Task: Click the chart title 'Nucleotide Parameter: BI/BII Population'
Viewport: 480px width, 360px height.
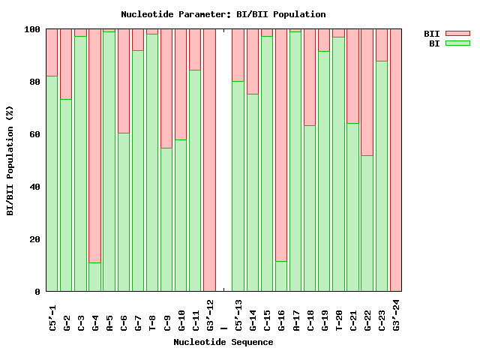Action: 223,14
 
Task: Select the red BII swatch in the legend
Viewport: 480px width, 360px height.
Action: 457,34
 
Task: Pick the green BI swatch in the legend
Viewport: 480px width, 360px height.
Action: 457,43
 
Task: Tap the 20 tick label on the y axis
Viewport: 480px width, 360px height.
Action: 32,239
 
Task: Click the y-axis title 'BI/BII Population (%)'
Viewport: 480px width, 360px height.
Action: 10,160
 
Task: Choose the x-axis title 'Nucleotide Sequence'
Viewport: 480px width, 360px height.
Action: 223,342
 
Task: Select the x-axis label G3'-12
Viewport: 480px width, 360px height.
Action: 210,315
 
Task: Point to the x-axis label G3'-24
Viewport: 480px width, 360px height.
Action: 397,315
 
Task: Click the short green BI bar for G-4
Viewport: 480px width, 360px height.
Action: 94,277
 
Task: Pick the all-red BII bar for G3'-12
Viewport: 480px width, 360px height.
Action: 209,160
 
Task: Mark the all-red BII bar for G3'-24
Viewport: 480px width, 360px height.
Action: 396,160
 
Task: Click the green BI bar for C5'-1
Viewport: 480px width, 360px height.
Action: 52,184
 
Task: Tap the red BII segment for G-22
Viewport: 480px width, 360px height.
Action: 367,91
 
